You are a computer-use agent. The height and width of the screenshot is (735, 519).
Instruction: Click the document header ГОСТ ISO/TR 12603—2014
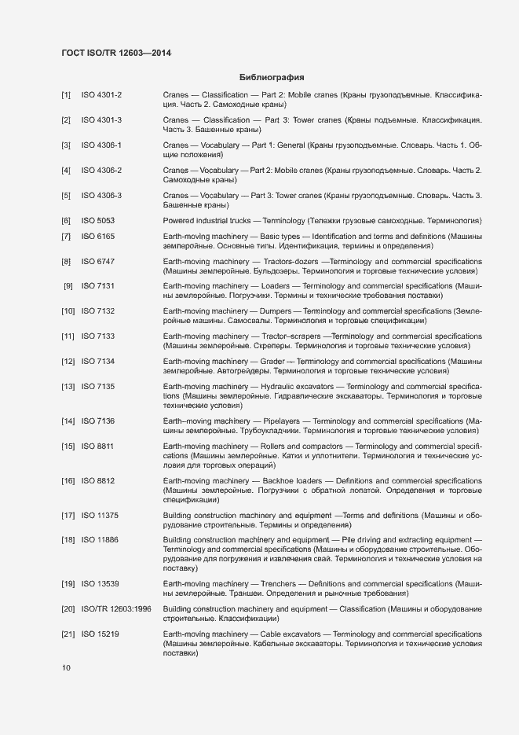116,53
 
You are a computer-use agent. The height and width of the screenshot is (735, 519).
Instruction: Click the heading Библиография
271,77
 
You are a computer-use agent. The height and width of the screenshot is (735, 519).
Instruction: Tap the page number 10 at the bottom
66,668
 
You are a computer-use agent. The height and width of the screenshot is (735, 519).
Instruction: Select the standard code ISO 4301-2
101,95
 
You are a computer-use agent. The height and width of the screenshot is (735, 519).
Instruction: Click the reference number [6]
66,220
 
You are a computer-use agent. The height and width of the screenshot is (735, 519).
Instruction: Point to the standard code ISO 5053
98,220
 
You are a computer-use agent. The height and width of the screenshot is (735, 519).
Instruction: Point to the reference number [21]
68,634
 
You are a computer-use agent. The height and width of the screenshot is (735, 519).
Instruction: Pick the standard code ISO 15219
101,634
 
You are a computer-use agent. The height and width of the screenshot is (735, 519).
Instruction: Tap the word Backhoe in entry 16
276,480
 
